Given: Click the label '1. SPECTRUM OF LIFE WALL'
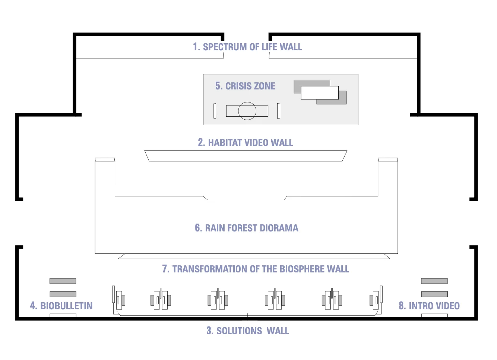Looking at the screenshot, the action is tap(247, 47).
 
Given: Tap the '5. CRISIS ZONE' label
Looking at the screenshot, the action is tap(245, 86).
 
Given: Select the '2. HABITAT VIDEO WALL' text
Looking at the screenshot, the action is tap(246, 142).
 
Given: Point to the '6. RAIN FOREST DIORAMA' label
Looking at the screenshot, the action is tap(247, 228).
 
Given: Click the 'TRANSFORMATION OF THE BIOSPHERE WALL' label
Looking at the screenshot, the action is tap(261, 269).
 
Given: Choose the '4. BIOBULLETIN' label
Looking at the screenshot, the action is tap(61, 306).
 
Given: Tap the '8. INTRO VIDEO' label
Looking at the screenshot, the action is tap(429, 306).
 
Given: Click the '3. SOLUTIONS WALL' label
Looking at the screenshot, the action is tap(248, 331).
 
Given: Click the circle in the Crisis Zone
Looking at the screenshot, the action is tap(247, 111).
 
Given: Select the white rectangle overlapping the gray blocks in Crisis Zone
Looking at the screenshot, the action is tap(320, 92).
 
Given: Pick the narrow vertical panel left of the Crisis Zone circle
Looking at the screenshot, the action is tap(215, 111).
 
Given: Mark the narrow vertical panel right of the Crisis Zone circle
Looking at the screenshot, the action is tap(279, 111).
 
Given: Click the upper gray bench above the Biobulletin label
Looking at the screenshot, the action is tap(63, 281).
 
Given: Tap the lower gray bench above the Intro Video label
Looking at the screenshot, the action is tap(434, 294).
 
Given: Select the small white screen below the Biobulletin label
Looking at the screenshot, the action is tap(63, 315).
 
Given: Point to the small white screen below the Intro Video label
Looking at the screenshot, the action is tap(434, 315).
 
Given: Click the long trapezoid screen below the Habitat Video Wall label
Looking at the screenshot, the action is tap(246, 156).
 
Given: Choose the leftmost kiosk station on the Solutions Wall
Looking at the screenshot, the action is tap(119, 299).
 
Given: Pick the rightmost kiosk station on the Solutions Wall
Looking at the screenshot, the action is tap(376, 299).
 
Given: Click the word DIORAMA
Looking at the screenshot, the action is tap(279, 228).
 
